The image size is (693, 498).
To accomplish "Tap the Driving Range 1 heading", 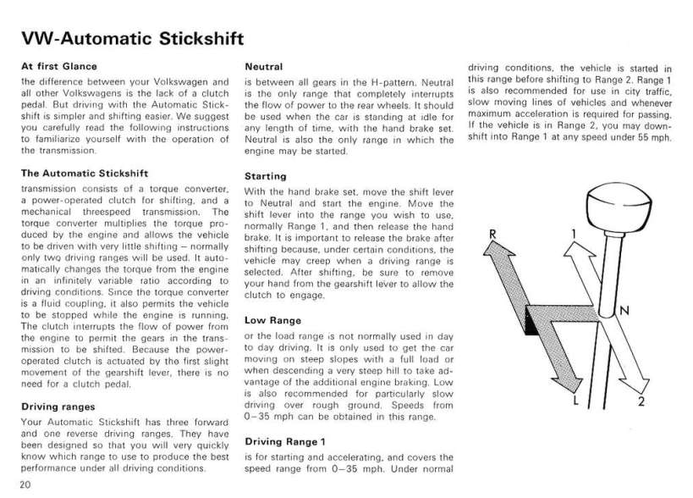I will click(x=284, y=441).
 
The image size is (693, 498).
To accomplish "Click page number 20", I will click(x=24, y=484).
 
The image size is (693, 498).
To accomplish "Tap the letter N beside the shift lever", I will click(x=625, y=311).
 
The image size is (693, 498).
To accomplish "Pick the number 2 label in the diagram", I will click(x=643, y=401).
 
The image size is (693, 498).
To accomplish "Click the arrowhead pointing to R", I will click(x=496, y=251).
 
